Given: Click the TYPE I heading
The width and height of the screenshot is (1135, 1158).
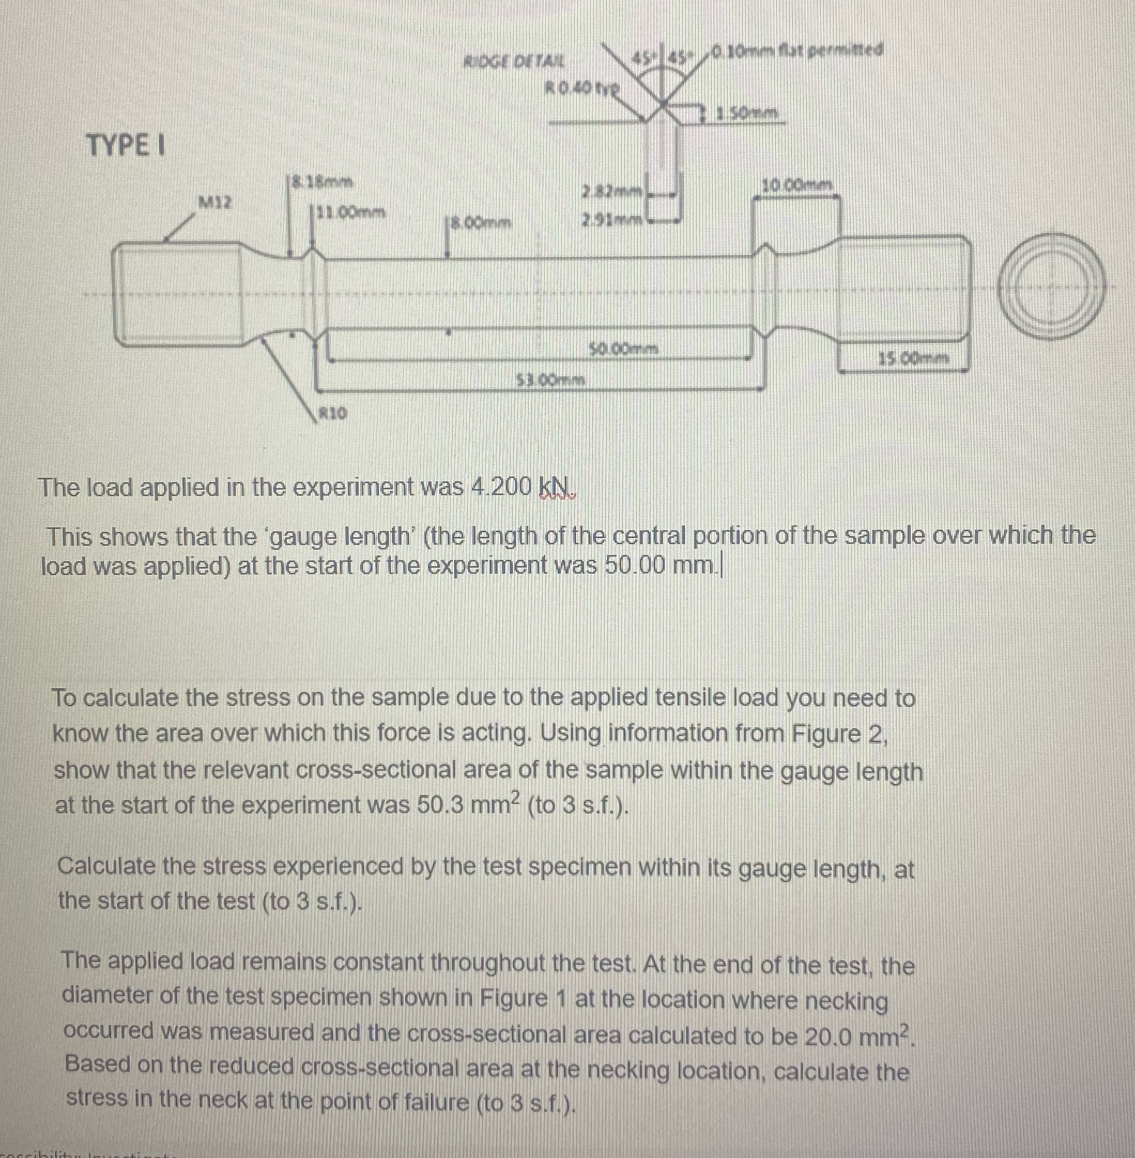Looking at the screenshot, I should [x=126, y=145].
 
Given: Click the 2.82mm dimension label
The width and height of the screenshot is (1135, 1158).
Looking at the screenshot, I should [x=613, y=193].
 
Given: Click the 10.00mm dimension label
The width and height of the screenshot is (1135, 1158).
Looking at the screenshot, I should [x=797, y=186].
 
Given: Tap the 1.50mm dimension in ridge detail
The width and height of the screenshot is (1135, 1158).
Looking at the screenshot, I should [x=749, y=112].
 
